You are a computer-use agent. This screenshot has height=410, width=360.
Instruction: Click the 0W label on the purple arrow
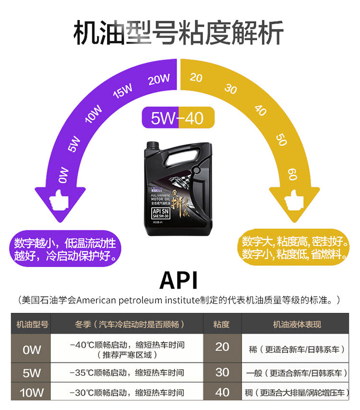click(x=63, y=175)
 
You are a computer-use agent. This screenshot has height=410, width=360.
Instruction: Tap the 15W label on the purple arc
click(x=122, y=91)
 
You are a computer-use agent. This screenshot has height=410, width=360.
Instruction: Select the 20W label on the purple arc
click(x=159, y=79)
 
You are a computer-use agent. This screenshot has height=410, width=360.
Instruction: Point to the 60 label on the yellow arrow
click(x=292, y=174)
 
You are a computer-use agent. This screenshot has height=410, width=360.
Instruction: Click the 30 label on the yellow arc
click(x=231, y=89)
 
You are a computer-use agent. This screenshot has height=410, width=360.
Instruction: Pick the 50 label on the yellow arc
click(x=281, y=140)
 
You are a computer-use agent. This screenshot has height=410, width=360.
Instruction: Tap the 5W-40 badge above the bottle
click(x=178, y=118)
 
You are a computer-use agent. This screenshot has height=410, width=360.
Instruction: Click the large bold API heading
click(x=179, y=280)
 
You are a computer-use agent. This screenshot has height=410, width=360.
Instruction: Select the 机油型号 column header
click(x=32, y=325)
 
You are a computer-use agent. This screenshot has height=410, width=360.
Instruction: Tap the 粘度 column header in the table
click(x=222, y=325)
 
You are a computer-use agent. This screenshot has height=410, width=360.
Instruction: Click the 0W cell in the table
click(x=32, y=350)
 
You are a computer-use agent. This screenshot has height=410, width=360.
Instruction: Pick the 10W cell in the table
click(x=32, y=393)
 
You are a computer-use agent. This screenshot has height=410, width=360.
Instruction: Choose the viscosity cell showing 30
click(x=222, y=372)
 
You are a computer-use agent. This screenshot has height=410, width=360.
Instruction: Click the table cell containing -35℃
click(x=127, y=373)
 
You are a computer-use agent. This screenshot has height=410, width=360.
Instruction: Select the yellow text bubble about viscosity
click(x=295, y=247)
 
